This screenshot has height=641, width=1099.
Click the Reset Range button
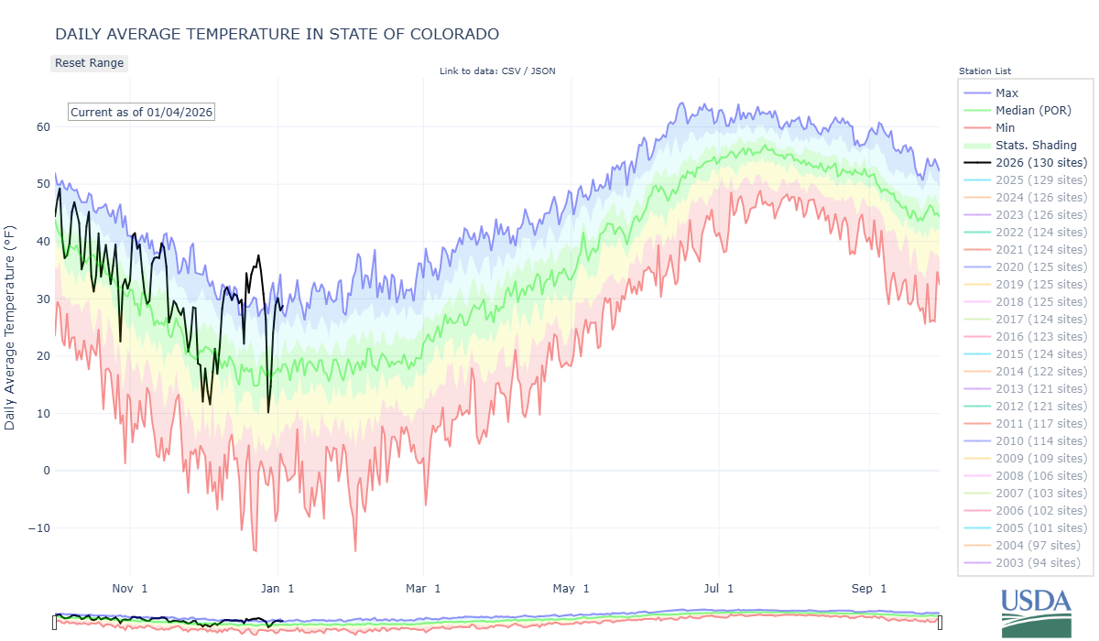pyautogui.click(x=89, y=63)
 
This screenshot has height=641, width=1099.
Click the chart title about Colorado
pyautogui.click(x=277, y=34)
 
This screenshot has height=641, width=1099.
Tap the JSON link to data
pyautogui.click(x=542, y=71)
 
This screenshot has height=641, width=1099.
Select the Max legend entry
pyautogui.click(x=1007, y=93)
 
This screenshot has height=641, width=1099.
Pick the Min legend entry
pyautogui.click(x=1005, y=128)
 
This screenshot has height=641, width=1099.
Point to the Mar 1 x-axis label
pyautogui.click(x=423, y=588)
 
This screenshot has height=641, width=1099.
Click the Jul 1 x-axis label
pyautogui.click(x=717, y=588)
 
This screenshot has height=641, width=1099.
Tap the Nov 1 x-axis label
pyautogui.click(x=129, y=588)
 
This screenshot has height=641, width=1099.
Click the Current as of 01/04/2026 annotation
pyautogui.click(x=141, y=113)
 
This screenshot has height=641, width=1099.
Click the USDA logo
pyautogui.click(x=1036, y=611)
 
